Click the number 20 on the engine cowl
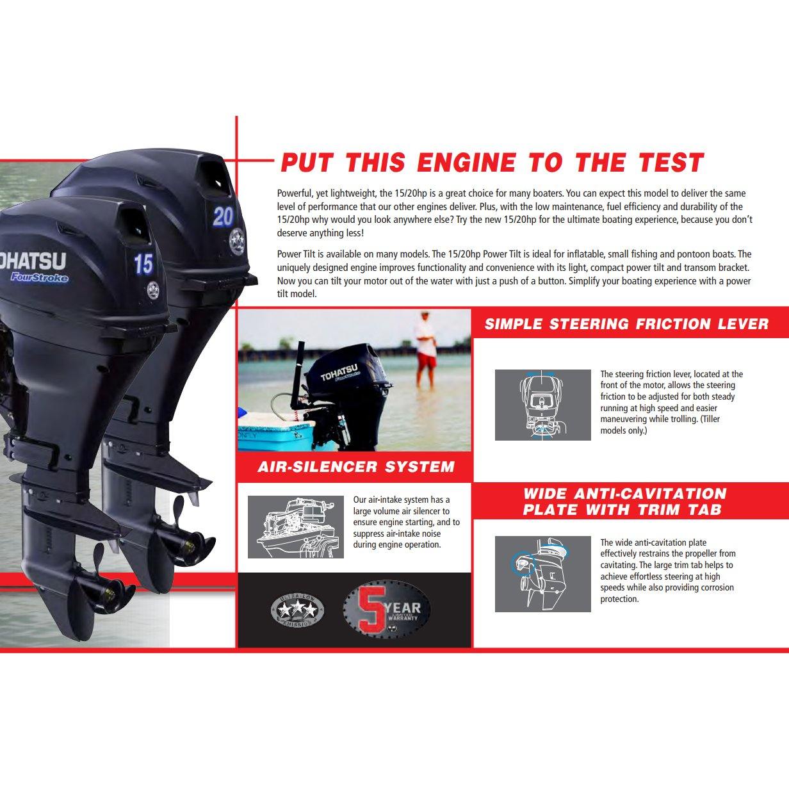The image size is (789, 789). tap(223, 217)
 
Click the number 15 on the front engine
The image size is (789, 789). tap(143, 263)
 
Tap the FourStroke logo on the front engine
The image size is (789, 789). tap(39, 277)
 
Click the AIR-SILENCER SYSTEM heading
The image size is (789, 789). tap(355, 467)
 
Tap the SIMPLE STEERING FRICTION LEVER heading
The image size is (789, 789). tap(626, 323)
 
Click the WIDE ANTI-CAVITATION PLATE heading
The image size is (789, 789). tap(624, 501)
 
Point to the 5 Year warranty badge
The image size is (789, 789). tap(386, 610)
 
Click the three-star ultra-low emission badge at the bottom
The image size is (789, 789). tap(297, 610)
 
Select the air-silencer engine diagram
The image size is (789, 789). tap(295, 526)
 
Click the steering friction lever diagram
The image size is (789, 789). tap(542, 405)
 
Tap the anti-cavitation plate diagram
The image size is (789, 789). tap(542, 573)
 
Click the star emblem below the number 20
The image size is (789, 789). tap(237, 242)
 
